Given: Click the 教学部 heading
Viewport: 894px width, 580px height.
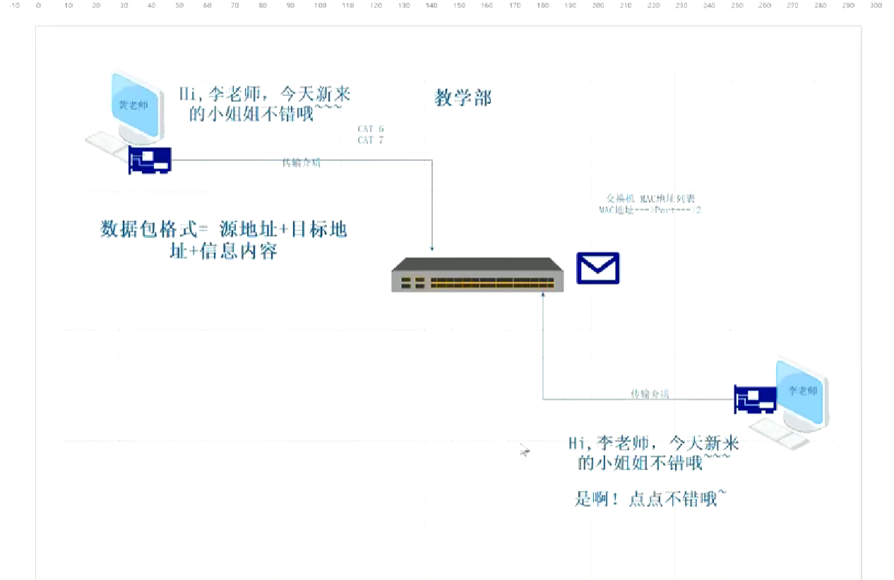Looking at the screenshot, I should pos(463,98).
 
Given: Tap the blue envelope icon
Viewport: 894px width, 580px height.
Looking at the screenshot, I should pos(597,268).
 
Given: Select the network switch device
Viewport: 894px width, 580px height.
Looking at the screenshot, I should pos(478,275).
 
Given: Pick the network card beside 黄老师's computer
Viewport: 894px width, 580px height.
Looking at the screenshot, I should pos(150,160).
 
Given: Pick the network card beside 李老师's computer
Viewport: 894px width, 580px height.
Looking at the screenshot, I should pos(756,400).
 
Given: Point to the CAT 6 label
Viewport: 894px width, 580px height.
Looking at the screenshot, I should pos(371,129).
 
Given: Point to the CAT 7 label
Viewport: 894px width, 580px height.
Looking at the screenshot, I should pos(371,141).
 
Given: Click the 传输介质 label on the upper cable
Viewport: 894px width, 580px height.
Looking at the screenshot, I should pos(302,163).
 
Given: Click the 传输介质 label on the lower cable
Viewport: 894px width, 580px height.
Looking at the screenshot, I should pos(650,393).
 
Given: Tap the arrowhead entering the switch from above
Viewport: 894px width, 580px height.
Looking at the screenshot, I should pos(432,249).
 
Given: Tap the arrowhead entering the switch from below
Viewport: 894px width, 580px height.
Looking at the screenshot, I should pos(543,299).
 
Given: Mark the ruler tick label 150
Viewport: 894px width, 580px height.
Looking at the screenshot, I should pos(459,6).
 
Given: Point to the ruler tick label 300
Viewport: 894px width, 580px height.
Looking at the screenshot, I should pos(876,6).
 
